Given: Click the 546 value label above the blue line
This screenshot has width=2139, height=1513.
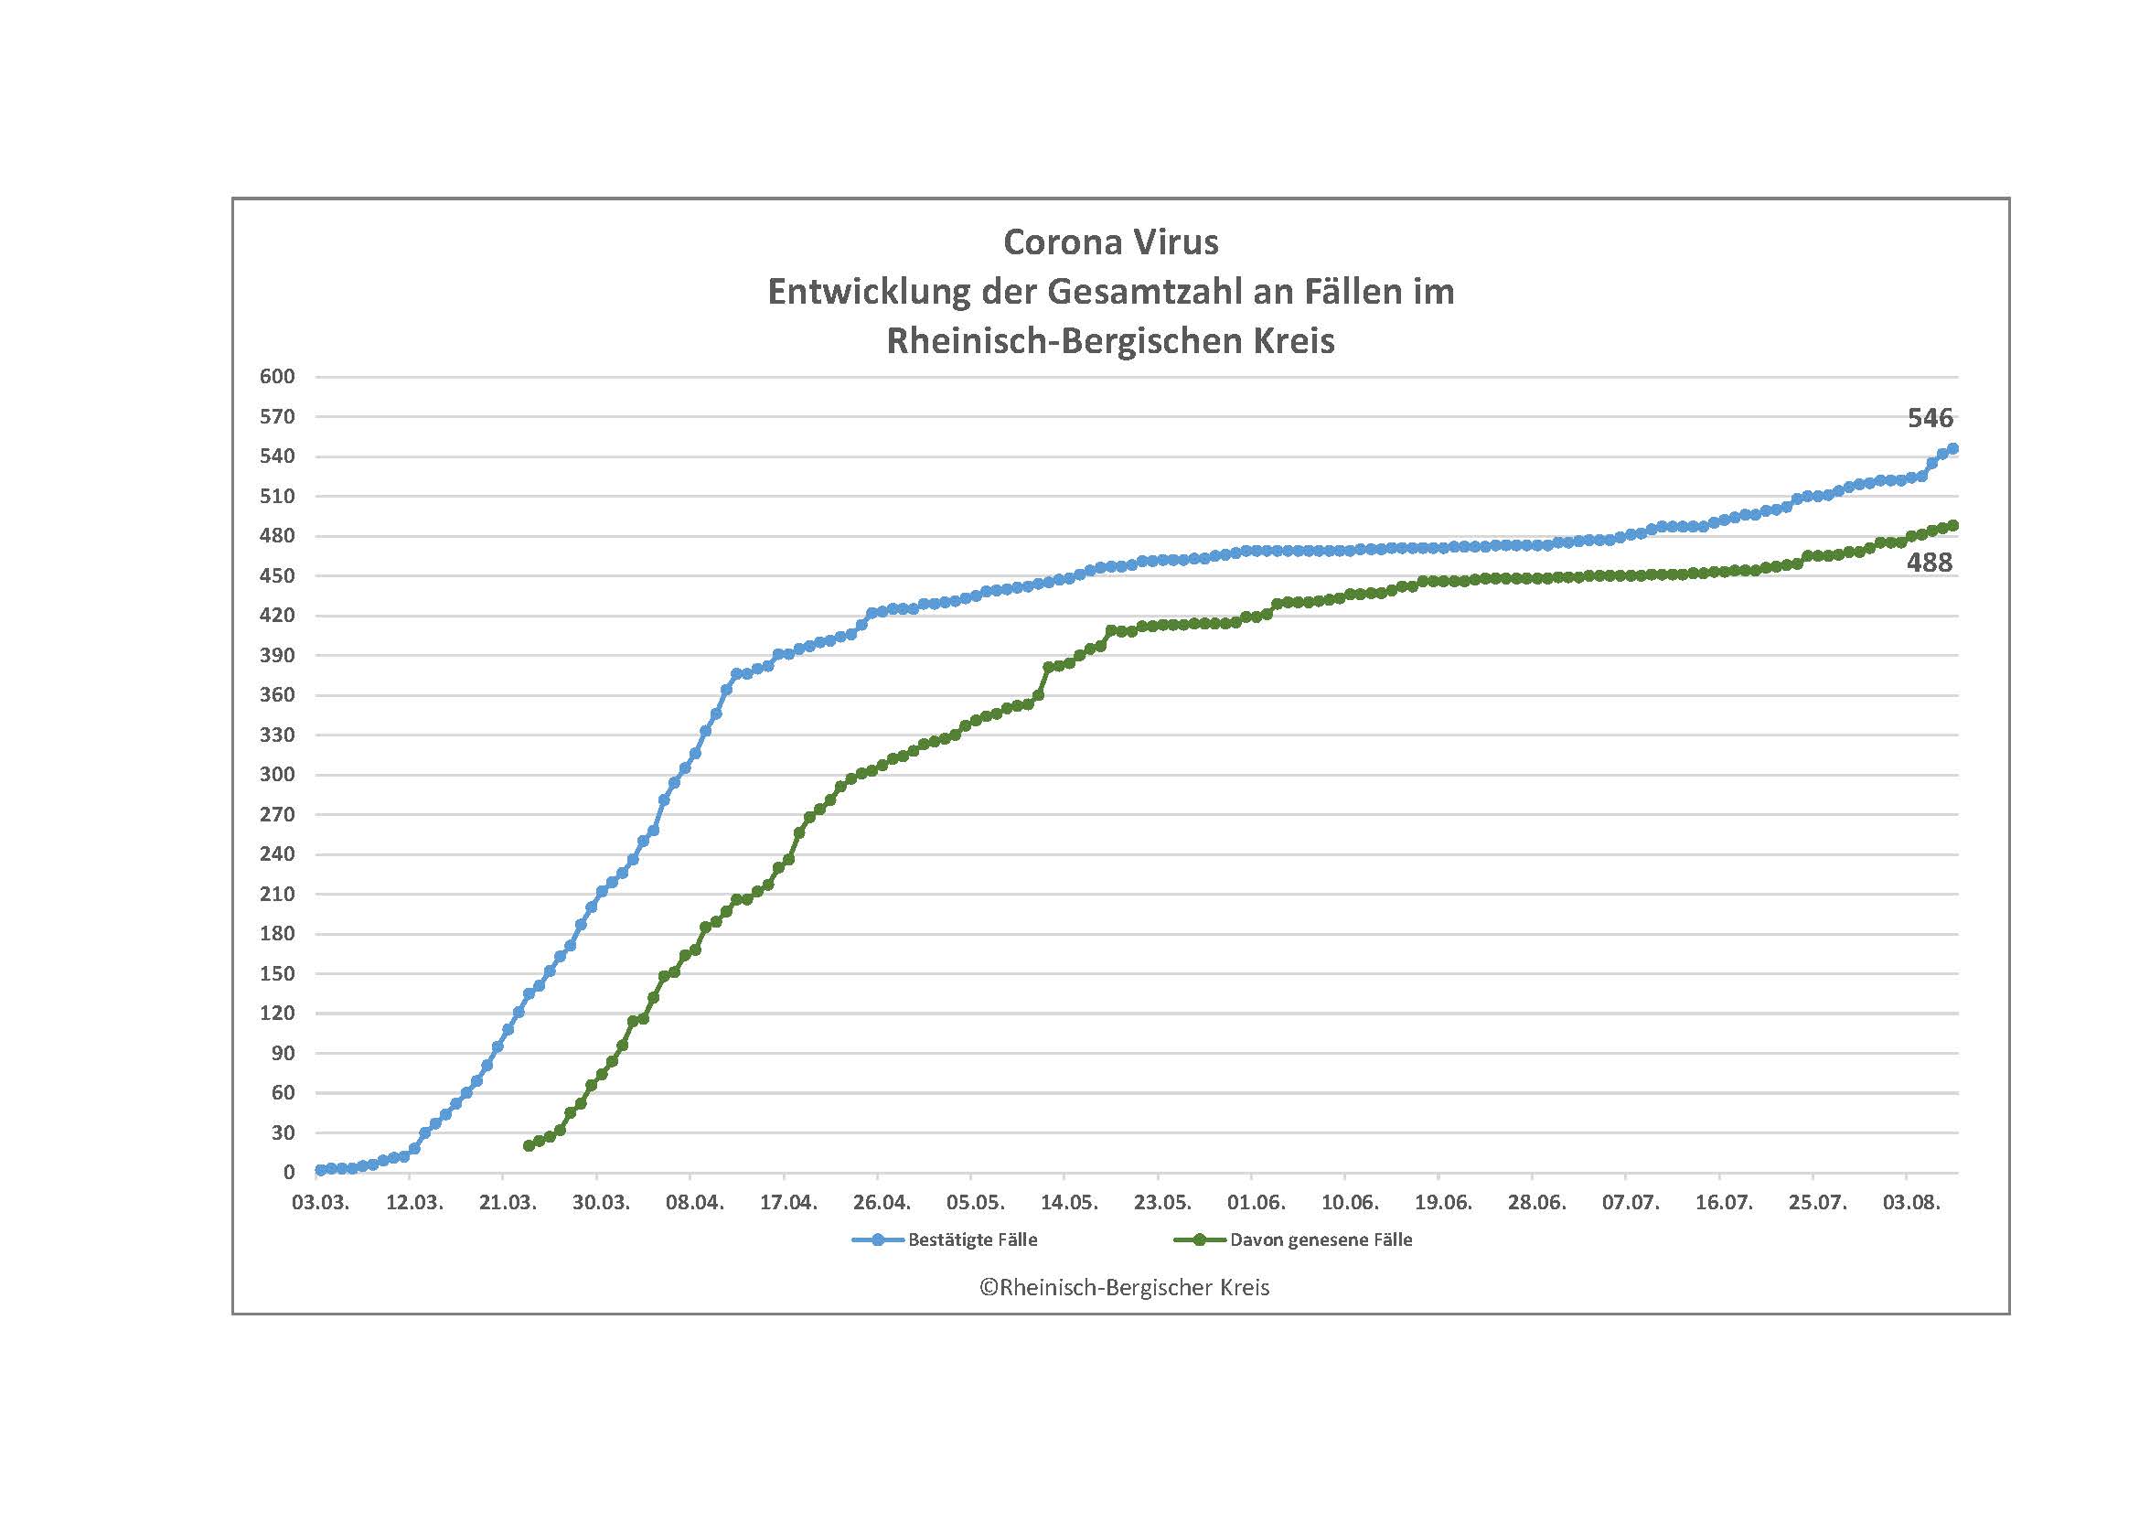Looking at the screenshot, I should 1930,419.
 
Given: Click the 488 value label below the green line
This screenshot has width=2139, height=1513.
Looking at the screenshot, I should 1930,563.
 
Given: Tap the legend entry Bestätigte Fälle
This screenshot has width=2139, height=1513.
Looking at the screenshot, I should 972,1240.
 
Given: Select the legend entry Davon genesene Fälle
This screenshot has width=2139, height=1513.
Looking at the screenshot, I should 1321,1240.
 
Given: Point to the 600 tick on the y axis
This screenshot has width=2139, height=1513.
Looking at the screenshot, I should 278,376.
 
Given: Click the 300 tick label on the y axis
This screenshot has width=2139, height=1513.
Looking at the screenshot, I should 278,774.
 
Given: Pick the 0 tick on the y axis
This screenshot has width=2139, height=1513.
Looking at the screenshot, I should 289,1173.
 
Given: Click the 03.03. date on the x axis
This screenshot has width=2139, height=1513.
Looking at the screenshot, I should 320,1203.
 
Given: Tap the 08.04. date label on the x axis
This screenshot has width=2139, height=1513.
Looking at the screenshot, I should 695,1203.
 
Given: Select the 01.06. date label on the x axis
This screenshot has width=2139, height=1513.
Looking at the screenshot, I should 1257,1203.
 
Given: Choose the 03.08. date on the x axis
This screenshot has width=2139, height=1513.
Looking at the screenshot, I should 1911,1203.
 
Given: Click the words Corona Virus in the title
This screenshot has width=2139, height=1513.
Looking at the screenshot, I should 1110,242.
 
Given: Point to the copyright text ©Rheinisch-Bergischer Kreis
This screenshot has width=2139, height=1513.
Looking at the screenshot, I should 1124,1288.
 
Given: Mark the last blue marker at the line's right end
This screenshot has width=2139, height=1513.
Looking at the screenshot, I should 1953,449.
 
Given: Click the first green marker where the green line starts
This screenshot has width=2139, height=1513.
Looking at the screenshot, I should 529,1146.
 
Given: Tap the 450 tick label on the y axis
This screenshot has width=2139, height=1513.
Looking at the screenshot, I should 278,575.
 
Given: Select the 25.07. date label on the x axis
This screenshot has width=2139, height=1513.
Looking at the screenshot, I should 1818,1203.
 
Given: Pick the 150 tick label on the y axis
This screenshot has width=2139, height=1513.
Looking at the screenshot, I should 278,973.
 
